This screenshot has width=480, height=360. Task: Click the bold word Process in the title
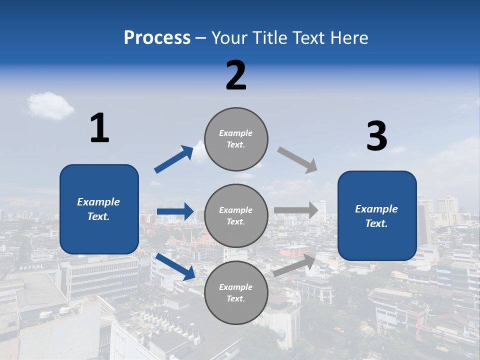coord(157,38)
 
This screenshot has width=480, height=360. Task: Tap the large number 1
coord(99,128)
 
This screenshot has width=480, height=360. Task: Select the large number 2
coord(236,76)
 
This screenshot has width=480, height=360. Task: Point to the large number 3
coord(377,137)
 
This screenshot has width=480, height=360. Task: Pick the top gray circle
coord(236,138)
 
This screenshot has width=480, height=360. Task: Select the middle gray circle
coord(236,215)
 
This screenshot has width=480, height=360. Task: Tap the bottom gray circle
coord(236,292)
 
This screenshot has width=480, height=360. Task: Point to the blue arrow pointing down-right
coord(175,266)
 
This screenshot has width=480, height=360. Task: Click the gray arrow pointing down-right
coord(297,160)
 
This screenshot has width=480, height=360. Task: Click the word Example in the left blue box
coord(98,202)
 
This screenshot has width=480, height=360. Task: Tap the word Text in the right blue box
coord(376,223)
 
